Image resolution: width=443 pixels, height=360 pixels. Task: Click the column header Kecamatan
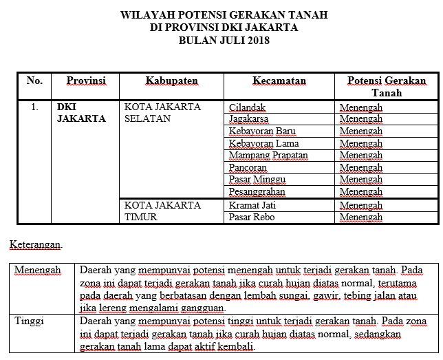pos(279,81)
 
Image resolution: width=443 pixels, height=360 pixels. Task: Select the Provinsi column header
pos(86,81)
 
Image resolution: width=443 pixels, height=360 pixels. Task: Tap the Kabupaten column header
pos(171,81)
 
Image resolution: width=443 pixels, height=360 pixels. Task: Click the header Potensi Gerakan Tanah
pos(386,87)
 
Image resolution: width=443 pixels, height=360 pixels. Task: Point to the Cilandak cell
pos(247,107)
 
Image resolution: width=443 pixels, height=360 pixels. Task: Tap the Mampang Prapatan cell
pos(268,156)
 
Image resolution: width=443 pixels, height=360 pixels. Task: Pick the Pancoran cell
pos(248,167)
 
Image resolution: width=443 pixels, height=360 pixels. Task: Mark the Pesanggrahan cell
pos(257,191)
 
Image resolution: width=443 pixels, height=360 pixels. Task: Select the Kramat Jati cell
pos(251,205)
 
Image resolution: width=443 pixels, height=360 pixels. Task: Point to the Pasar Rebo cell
pos(251,217)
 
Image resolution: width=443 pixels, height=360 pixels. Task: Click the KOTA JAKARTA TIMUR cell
pos(162,211)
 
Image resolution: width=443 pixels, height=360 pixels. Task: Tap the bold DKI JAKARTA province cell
pos(81,113)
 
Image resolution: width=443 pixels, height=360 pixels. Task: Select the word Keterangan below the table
pos(35,244)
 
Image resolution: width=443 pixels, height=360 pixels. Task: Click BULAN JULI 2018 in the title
pos(224,41)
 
